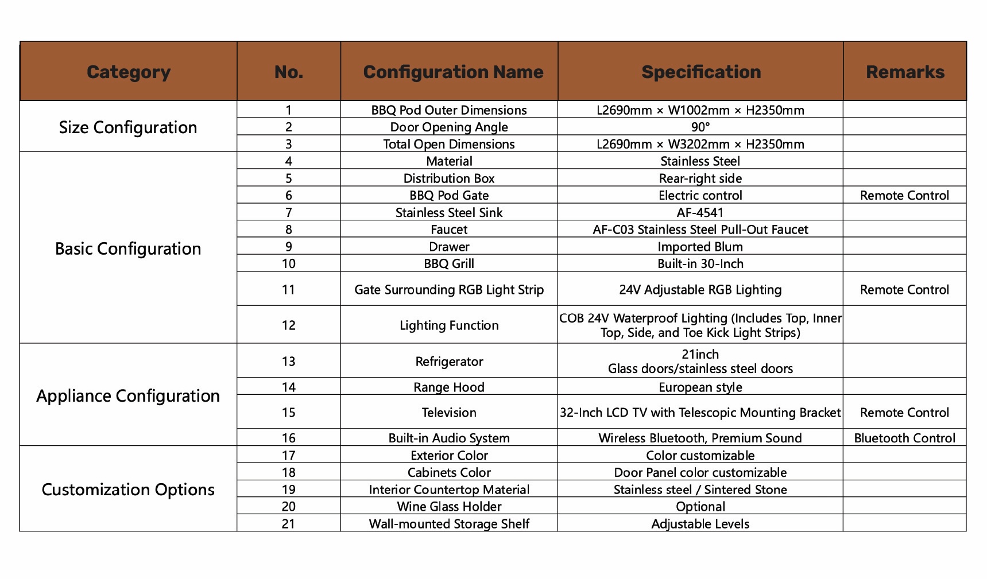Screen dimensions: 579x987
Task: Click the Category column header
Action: [129, 72]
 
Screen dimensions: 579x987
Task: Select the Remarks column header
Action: [905, 72]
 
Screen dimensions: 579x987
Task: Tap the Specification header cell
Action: [700, 72]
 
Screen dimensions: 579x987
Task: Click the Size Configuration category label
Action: [128, 127]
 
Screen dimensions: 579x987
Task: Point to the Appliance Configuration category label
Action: [128, 395]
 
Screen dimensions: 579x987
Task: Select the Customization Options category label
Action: [128, 489]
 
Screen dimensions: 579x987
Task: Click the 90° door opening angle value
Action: [700, 127]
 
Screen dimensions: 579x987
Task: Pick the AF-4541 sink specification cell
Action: [700, 212]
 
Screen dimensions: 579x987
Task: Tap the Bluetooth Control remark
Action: [904, 438]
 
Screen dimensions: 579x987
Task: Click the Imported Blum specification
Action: [700, 247]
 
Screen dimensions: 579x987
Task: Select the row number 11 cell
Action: [288, 290]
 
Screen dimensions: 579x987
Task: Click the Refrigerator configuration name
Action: [449, 362]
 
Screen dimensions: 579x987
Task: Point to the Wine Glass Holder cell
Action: [449, 507]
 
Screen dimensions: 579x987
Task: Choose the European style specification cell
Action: [700, 387]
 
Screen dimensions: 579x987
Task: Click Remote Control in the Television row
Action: [904, 413]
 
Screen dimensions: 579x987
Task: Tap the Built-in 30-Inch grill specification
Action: [700, 263]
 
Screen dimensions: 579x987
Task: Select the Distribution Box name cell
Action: [449, 178]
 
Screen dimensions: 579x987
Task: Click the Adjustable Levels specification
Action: [700, 524]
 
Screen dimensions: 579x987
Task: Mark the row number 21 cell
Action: [288, 524]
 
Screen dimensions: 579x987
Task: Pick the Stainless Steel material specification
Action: [700, 161]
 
